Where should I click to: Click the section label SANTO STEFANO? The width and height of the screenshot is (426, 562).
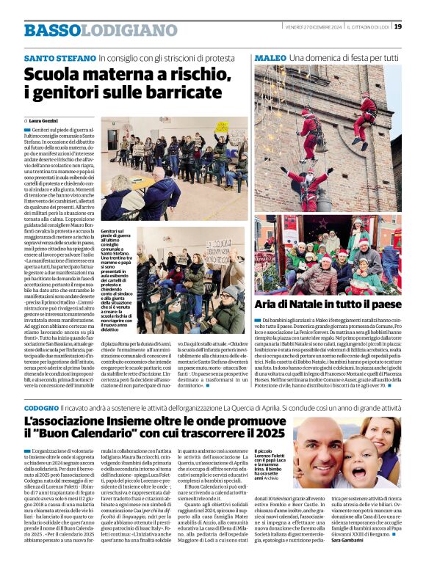point(59,57)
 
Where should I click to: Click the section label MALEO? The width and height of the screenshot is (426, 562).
point(270,57)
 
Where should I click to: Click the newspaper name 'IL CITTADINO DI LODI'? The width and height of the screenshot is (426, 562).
point(368,26)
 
